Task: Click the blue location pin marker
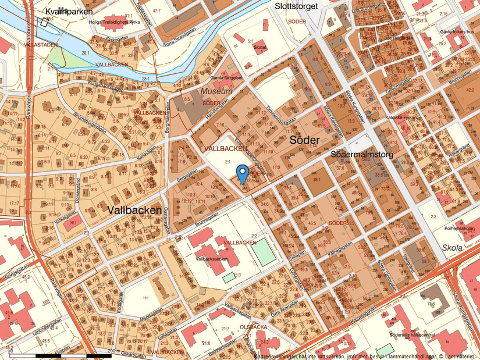coord(242,173)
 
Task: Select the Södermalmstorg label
coord(361,155)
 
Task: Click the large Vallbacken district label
coord(135,211)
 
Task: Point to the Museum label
coord(216,92)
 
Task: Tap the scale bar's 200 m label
coord(112,351)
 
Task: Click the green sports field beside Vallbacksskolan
coord(262,252)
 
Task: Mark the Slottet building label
coord(260,48)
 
